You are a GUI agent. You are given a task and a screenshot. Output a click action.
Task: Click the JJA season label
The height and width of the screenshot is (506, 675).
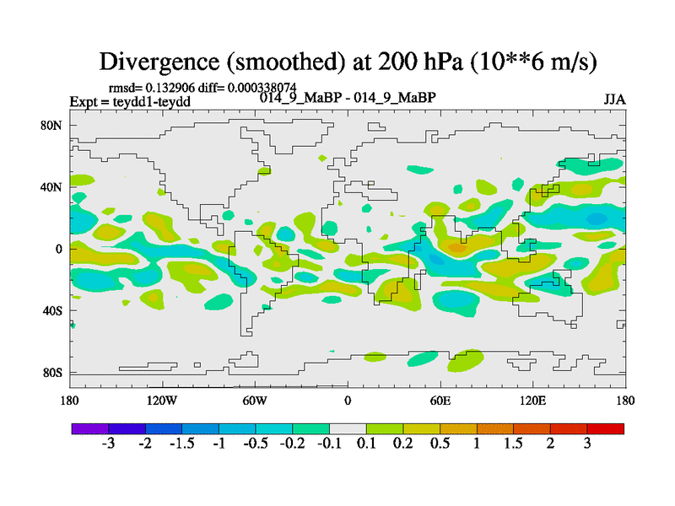(x=614, y=99)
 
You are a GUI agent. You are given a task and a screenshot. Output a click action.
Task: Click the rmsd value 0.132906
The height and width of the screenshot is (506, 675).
(x=168, y=87)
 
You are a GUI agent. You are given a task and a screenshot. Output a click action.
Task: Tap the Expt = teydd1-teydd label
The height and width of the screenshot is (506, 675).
(x=130, y=101)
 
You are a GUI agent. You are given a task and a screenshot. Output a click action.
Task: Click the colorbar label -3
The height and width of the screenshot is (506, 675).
(x=108, y=444)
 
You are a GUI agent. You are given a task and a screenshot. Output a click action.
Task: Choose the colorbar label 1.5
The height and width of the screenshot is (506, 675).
(x=514, y=444)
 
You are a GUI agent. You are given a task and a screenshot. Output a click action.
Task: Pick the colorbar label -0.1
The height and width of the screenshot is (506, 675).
(x=329, y=444)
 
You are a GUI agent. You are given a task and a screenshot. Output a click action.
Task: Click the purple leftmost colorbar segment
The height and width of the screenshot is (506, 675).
(x=89, y=428)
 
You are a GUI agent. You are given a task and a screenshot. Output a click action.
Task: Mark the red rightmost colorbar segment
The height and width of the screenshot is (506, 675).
(x=606, y=428)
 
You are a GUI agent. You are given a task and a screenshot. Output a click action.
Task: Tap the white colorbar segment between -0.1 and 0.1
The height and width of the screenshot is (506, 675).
(x=348, y=428)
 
